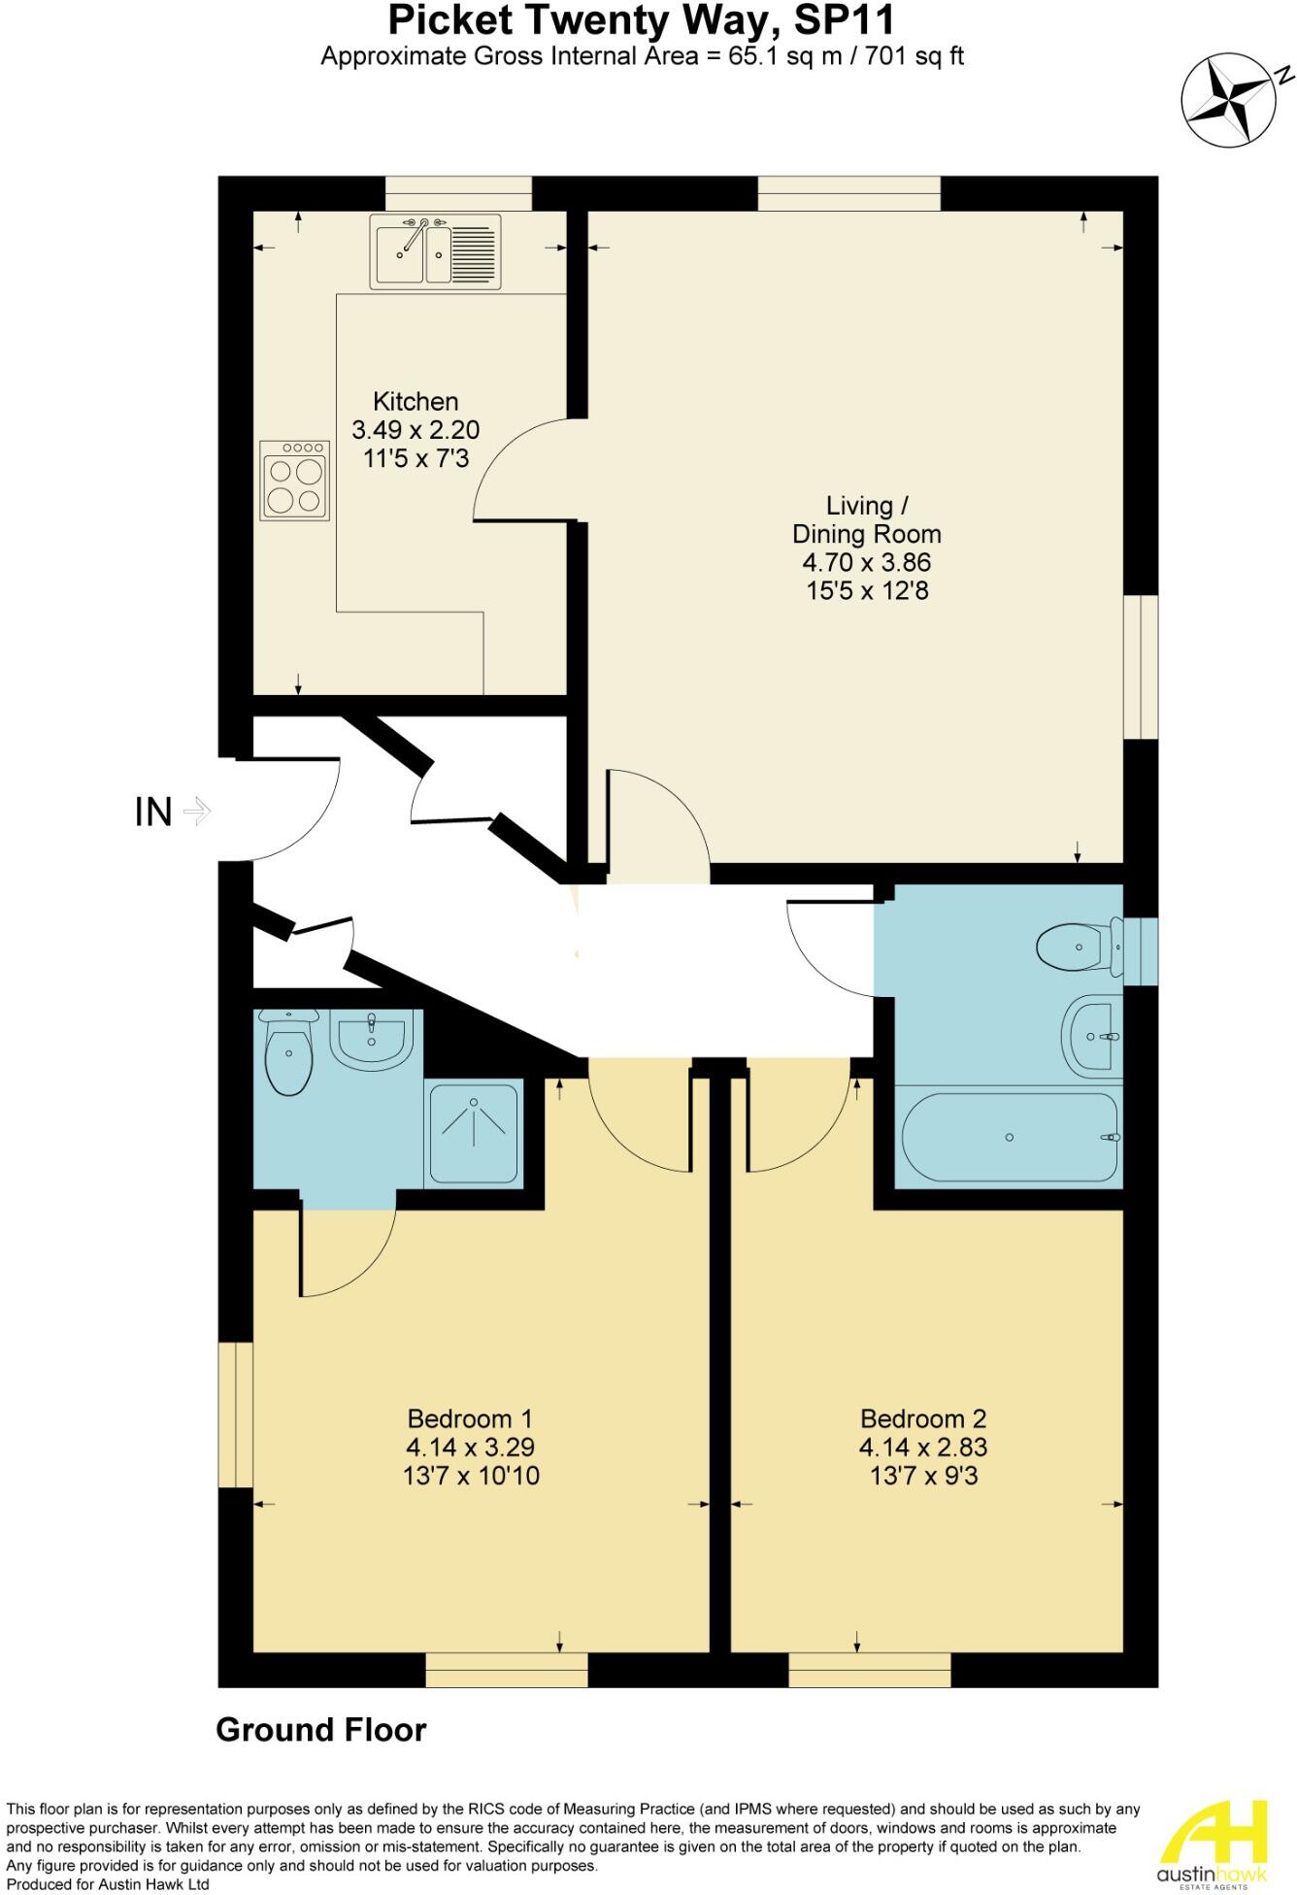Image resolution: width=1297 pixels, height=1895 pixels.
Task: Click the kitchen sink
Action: (x=435, y=251)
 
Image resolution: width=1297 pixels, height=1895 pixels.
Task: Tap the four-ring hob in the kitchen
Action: (x=295, y=481)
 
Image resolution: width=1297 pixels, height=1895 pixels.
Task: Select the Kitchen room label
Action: (x=416, y=401)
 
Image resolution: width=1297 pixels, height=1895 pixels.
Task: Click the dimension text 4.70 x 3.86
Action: (x=866, y=562)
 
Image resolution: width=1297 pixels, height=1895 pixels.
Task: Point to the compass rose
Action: (x=1228, y=101)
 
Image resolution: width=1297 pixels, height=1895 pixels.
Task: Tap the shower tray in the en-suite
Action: (x=474, y=1133)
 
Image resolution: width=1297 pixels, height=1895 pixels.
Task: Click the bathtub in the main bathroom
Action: (x=1010, y=1137)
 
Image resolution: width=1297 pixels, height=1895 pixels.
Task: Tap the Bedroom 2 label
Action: (x=922, y=1418)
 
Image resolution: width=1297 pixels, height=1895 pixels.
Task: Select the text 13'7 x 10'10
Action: (x=471, y=1476)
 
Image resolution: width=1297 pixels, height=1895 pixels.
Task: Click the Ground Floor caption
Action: (x=320, y=1729)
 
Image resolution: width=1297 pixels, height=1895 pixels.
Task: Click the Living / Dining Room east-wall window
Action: (x=1141, y=667)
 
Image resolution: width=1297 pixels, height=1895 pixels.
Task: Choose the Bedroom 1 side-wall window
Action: (x=235, y=1414)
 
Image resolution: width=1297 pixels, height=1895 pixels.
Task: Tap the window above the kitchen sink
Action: (x=458, y=193)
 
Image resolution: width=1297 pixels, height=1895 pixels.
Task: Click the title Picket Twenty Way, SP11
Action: (x=642, y=20)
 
